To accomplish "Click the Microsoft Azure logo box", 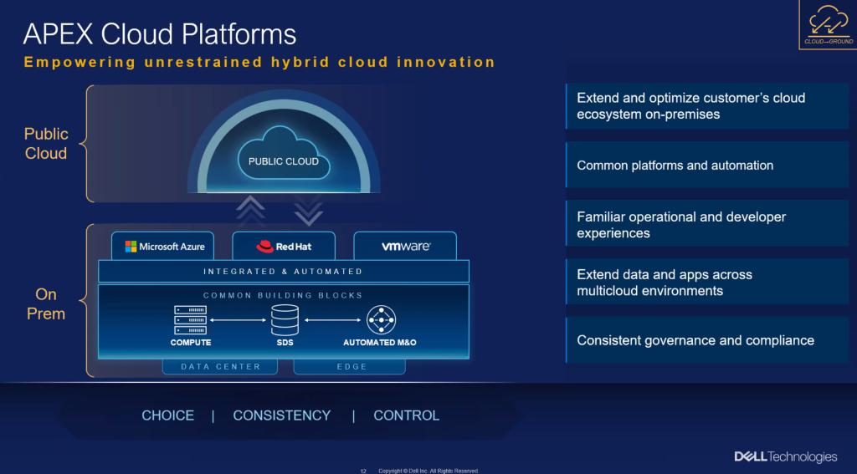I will (163, 247).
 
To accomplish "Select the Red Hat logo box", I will (284, 247).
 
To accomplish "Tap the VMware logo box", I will (405, 247).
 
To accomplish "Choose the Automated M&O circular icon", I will (381, 320).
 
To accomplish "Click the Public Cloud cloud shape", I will (283, 155).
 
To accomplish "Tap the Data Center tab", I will (221, 366).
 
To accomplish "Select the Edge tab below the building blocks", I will (350, 366).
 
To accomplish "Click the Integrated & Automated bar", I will (284, 272).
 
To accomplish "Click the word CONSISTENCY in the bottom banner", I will (282, 415).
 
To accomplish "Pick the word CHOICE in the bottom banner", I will (167, 415).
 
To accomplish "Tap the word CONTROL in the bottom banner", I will (406, 415).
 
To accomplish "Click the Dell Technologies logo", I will (785, 456).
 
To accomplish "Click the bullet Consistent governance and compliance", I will (695, 340).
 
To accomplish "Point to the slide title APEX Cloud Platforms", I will (160, 33).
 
